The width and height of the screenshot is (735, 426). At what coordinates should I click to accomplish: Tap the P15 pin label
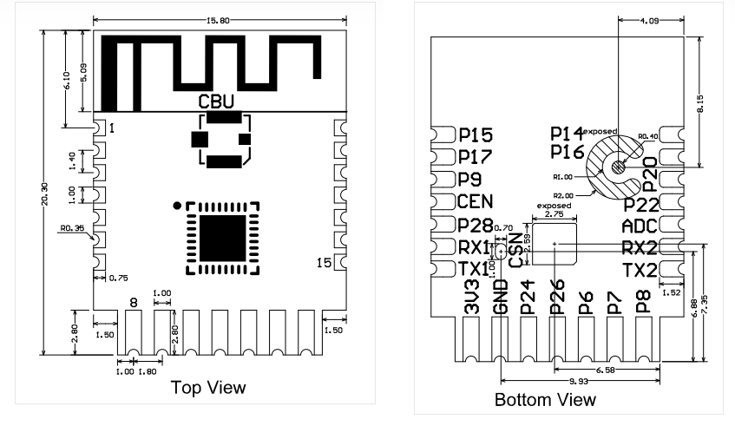pyautogui.click(x=475, y=135)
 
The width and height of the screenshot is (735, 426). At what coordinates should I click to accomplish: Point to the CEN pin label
pyautogui.click(x=475, y=203)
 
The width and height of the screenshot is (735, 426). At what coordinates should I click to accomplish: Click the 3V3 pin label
pyautogui.click(x=472, y=297)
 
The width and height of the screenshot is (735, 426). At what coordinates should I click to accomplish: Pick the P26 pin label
pyautogui.click(x=557, y=297)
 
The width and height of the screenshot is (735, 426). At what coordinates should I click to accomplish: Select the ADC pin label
pyautogui.click(x=640, y=227)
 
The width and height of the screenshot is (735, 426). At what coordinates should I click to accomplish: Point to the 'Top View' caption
pyautogui.click(x=207, y=387)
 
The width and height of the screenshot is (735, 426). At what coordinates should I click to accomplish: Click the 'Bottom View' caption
pyautogui.click(x=545, y=400)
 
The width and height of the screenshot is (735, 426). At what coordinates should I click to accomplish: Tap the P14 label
pyautogui.click(x=567, y=133)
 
